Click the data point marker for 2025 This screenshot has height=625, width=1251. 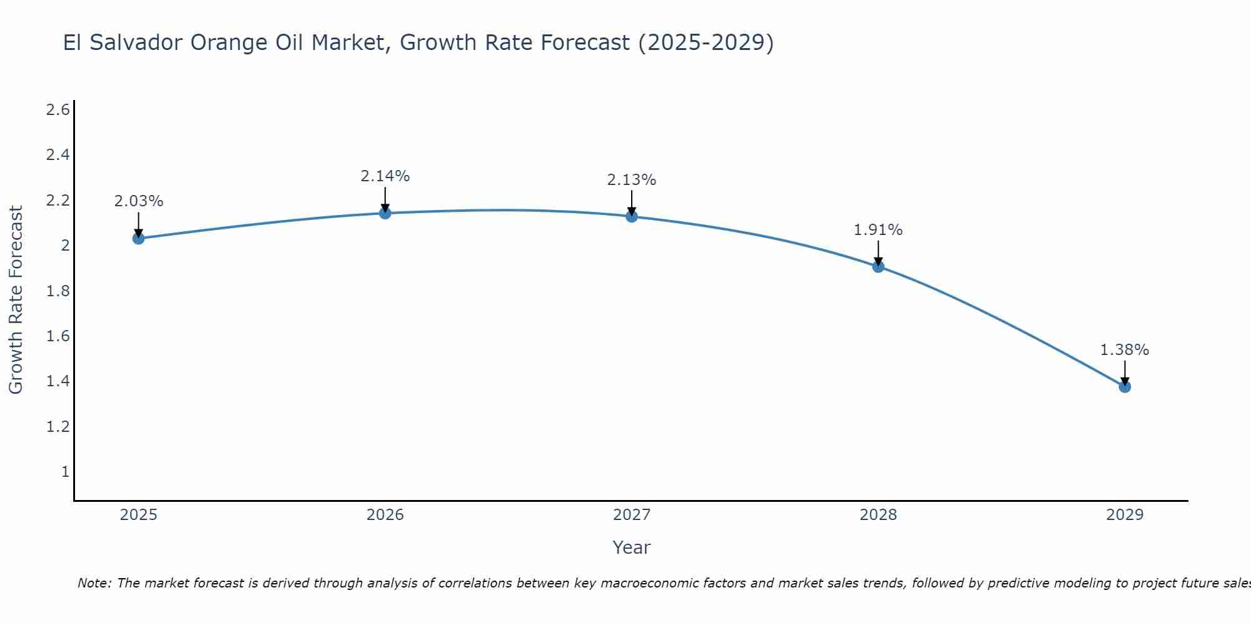pos(139,238)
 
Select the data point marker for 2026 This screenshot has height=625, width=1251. pos(385,213)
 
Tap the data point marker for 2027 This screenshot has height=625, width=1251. pos(632,216)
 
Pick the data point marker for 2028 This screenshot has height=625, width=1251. pos(878,267)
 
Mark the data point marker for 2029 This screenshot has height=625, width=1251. pos(1125,387)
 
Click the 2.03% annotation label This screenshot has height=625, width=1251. pos(139,201)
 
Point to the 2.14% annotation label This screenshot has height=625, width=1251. pos(385,176)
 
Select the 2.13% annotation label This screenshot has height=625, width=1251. pos(632,180)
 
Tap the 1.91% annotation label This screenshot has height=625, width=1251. pos(878,230)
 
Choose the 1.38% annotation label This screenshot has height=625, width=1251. pos(1125,350)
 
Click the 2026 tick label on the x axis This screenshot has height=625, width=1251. pos(385,515)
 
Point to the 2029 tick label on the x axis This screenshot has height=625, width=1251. pos(1125,515)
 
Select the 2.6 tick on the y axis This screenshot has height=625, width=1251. pos(58,110)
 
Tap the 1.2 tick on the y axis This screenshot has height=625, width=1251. pos(58,427)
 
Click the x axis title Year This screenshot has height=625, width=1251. pos(632,547)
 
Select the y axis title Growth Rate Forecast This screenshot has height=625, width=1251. pos(16,300)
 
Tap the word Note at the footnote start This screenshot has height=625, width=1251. pos(94,583)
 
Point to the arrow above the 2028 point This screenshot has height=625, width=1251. pos(878,252)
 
